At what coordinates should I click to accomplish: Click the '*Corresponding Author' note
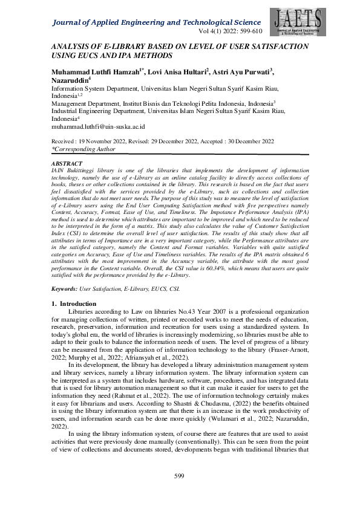click(x=83, y=148)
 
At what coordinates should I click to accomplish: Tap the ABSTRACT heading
click(x=67, y=164)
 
